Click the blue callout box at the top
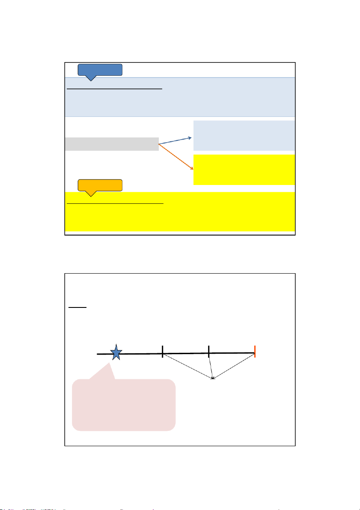point(100,69)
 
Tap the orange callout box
point(100,185)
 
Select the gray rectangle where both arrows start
point(112,144)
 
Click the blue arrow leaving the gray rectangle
point(175,140)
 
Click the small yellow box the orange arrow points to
point(244,170)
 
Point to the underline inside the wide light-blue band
point(115,89)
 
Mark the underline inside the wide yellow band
point(115,204)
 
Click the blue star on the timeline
point(116,353)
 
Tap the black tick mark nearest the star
point(163,352)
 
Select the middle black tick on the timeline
point(208,352)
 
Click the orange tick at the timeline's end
point(255,351)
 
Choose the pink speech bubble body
point(124,404)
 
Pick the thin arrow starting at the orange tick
point(234,365)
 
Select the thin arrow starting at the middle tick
point(211,366)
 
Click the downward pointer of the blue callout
point(90,78)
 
